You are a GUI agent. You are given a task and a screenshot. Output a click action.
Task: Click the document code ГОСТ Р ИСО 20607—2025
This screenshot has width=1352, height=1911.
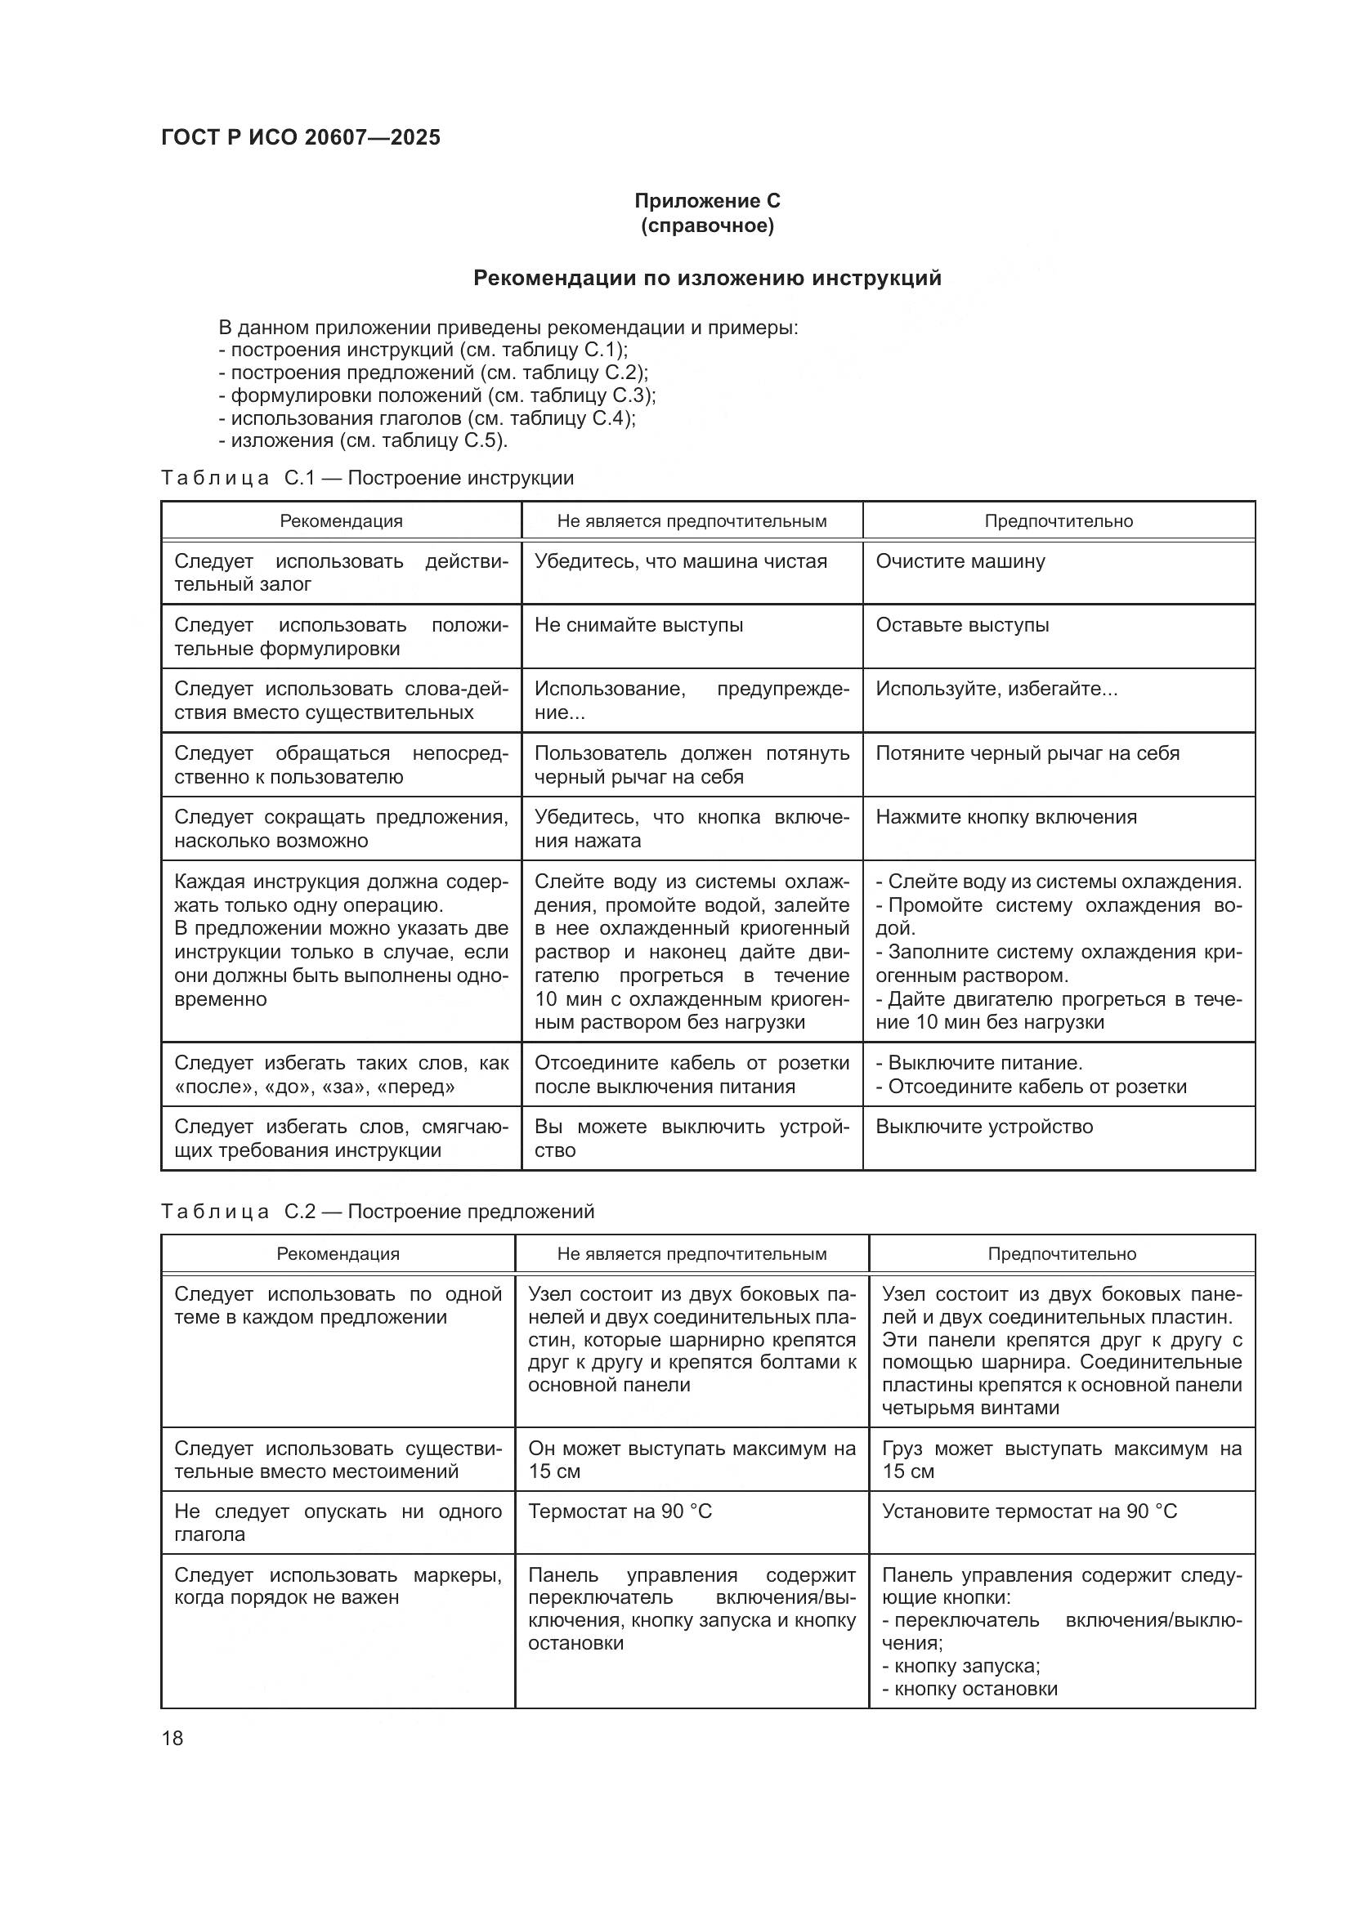[x=301, y=137]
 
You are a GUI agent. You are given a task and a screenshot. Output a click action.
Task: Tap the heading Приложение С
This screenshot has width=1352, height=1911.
[x=707, y=201]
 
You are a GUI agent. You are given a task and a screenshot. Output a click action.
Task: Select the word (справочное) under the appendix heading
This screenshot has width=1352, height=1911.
[x=707, y=225]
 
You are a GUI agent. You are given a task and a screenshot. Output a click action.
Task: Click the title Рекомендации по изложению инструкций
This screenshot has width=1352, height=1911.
[x=707, y=278]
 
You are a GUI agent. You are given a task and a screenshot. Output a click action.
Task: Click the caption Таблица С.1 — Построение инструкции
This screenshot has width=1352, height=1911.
[x=367, y=478]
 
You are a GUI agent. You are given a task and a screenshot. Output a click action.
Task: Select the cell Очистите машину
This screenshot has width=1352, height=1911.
[x=960, y=561]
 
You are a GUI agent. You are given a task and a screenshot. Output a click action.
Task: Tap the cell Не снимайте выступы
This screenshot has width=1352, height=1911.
[x=638, y=625]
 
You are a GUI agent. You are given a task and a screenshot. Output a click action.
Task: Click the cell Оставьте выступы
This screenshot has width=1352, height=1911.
[x=961, y=625]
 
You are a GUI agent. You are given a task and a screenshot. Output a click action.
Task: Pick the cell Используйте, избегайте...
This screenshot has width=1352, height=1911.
[x=996, y=690]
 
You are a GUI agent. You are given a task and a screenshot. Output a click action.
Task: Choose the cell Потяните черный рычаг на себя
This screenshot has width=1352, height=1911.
[x=1027, y=753]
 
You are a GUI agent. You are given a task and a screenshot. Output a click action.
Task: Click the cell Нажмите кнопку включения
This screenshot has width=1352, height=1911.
[x=1005, y=817]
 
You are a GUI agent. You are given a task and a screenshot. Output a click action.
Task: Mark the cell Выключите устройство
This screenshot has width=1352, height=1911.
[x=984, y=1127]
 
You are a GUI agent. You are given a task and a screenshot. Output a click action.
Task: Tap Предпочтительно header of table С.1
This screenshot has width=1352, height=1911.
[x=1058, y=521]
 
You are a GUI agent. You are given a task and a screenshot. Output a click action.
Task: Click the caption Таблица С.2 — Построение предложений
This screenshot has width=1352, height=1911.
[x=377, y=1211]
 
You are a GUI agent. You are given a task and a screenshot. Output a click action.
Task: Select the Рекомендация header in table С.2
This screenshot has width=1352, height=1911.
[x=338, y=1253]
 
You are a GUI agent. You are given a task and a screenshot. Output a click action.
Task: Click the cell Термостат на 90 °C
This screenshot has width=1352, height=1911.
[x=620, y=1511]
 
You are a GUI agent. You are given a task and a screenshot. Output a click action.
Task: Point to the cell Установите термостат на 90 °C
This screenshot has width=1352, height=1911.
[x=1029, y=1511]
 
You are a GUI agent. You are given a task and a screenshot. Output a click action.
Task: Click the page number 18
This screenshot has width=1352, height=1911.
[x=172, y=1738]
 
